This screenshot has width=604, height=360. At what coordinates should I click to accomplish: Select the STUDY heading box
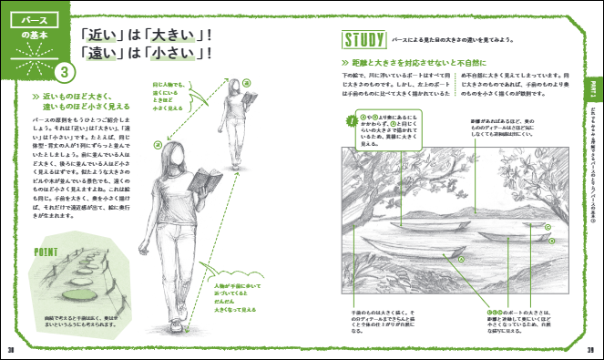point(362,40)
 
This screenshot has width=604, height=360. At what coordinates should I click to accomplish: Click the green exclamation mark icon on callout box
point(350,119)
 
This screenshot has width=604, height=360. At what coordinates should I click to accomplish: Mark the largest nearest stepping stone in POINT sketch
point(78,294)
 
